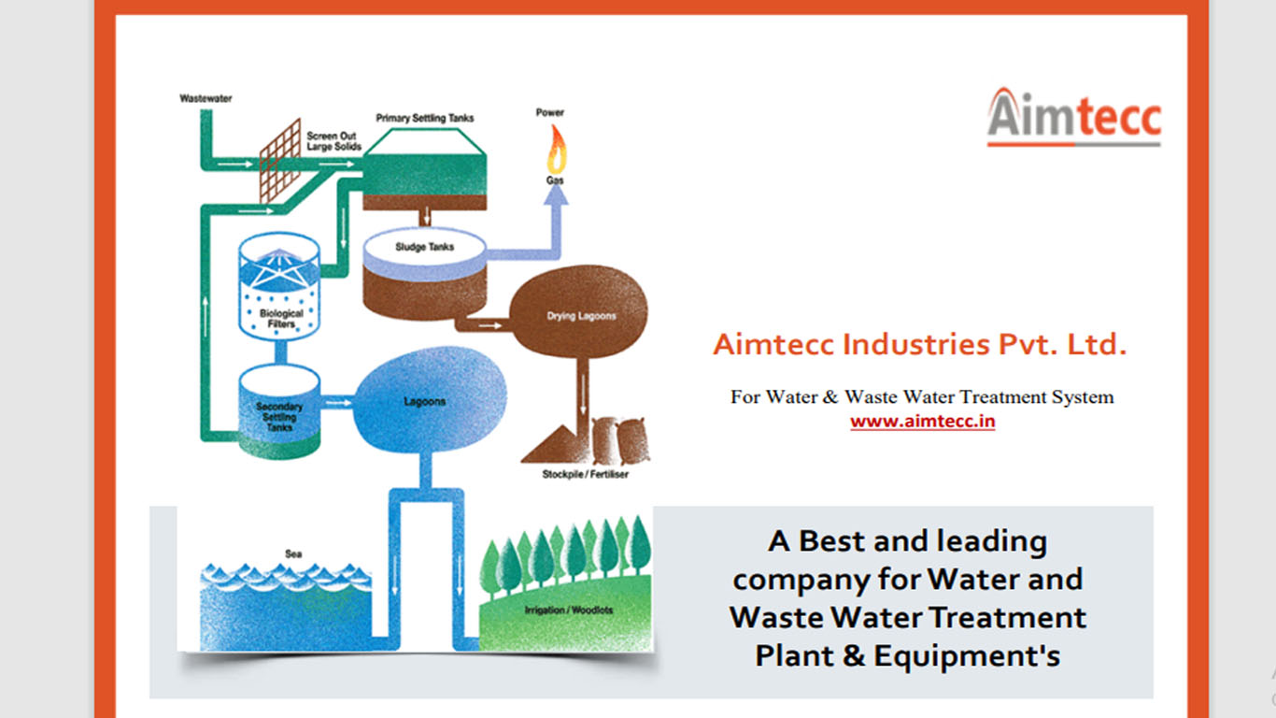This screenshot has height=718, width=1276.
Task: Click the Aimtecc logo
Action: [1074, 117]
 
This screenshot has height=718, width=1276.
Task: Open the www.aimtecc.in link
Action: [922, 422]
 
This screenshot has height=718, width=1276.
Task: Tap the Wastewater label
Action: [206, 99]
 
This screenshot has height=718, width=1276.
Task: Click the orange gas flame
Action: [557, 150]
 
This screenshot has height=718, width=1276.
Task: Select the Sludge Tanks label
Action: [424, 247]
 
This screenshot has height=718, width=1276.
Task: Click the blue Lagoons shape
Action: [429, 399]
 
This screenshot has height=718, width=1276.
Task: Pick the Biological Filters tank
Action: [279, 286]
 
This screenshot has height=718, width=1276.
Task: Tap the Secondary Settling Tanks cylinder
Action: [279, 411]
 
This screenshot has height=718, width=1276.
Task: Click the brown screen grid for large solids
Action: [279, 160]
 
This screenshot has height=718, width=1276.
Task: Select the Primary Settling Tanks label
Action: [424, 118]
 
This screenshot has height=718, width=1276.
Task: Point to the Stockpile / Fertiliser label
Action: [585, 475]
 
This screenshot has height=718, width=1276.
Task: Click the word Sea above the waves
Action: [293, 553]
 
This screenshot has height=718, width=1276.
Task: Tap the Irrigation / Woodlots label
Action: [569, 610]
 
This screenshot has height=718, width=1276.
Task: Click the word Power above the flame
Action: [549, 113]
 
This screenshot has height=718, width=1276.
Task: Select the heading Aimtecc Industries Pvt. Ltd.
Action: [920, 344]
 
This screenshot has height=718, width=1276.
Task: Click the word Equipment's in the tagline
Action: [967, 656]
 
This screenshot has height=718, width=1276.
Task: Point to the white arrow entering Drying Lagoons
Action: [489, 325]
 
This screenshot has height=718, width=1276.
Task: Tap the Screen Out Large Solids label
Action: [333, 141]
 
